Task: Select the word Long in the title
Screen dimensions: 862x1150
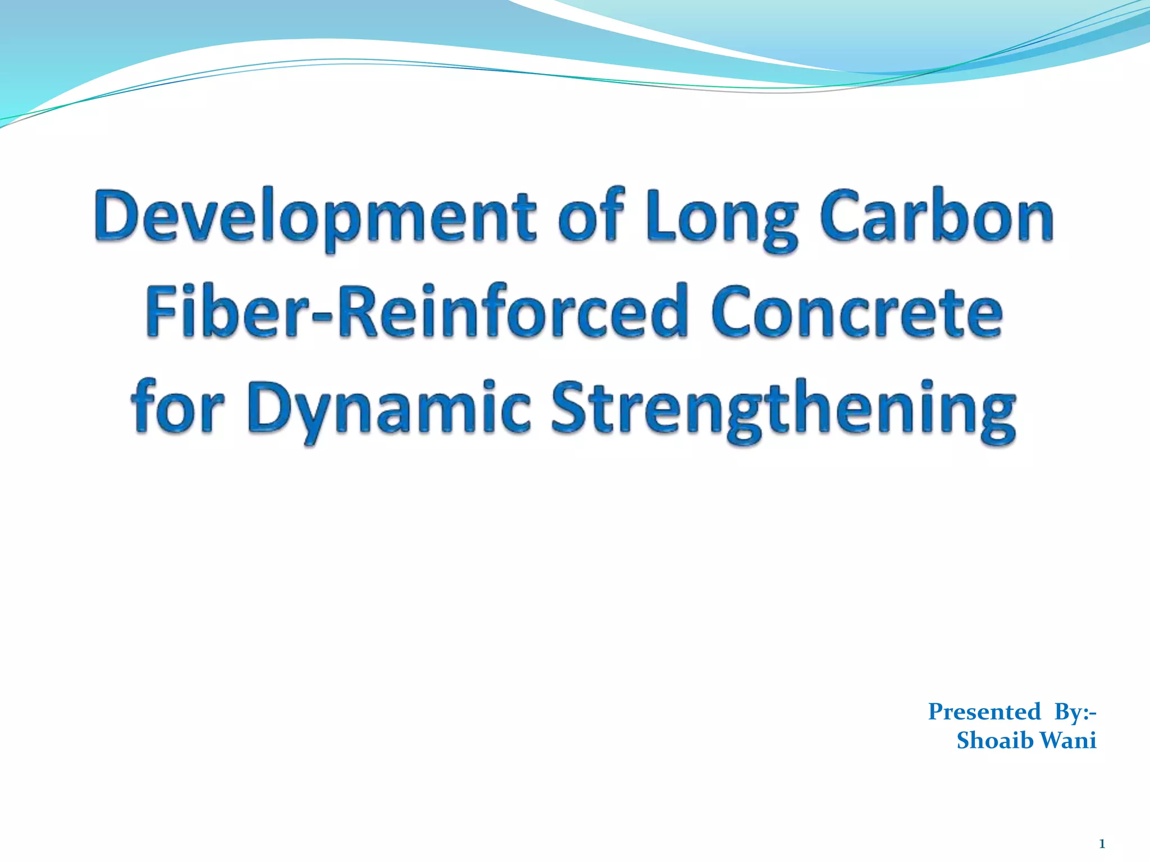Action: pyautogui.click(x=722, y=219)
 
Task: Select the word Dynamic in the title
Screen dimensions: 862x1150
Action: pyautogui.click(x=389, y=408)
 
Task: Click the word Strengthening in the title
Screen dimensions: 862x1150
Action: pyautogui.click(x=783, y=408)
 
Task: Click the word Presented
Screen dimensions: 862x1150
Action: pyautogui.click(x=984, y=712)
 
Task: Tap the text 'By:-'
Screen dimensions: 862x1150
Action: pyautogui.click(x=1075, y=712)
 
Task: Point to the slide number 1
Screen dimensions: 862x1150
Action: pyautogui.click(x=1102, y=843)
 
